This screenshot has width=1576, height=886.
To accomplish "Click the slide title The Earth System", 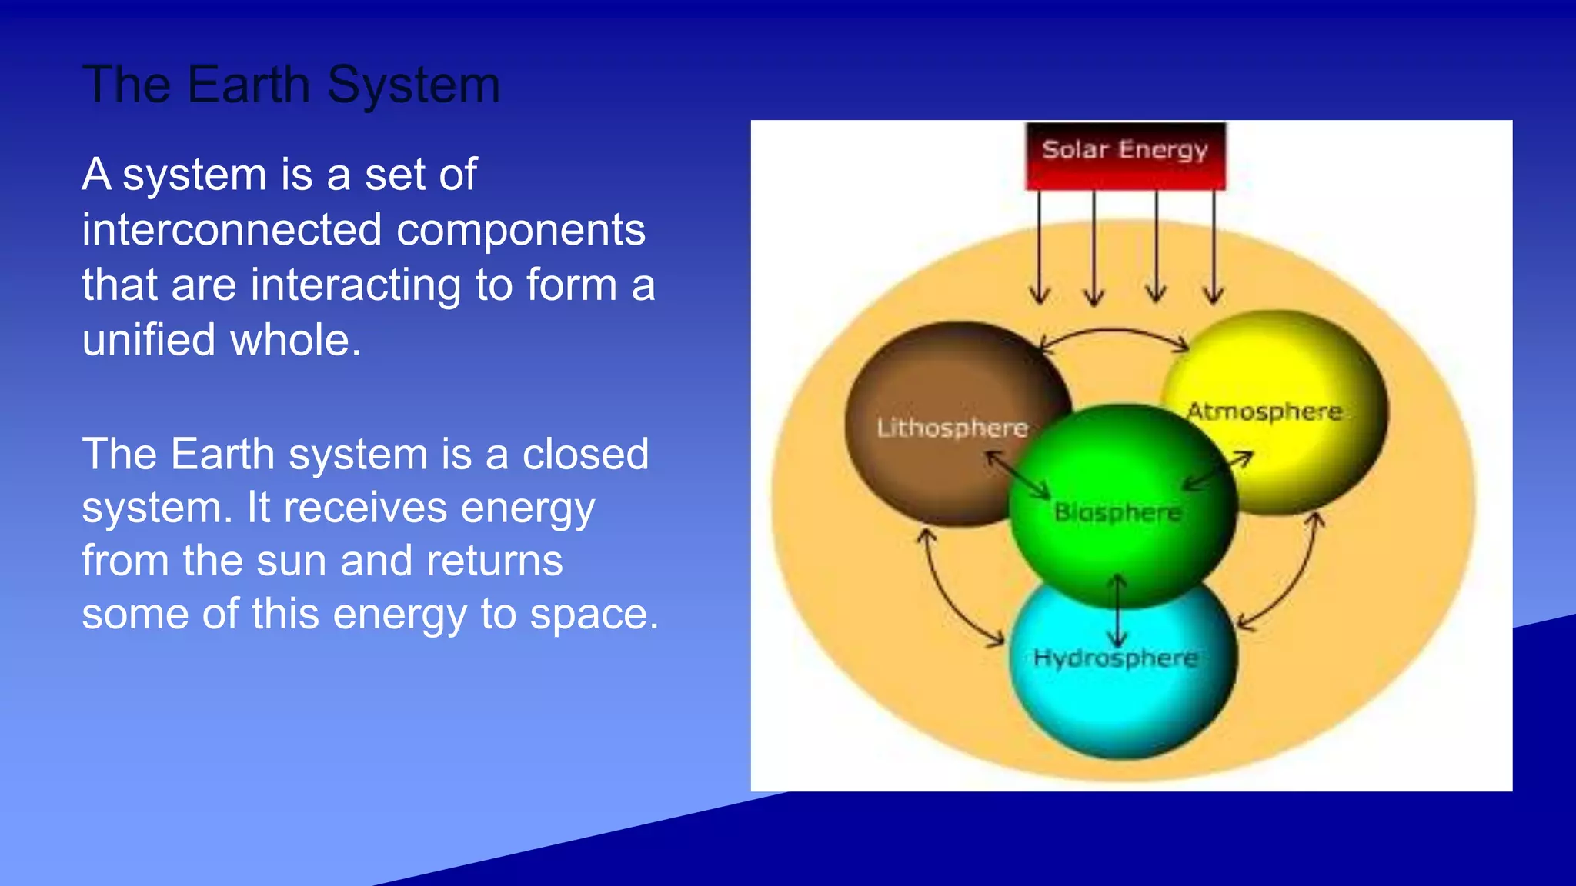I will click(291, 85).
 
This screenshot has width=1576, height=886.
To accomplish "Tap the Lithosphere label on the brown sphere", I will click(952, 428).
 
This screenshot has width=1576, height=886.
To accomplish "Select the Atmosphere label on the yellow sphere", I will click(1264, 411).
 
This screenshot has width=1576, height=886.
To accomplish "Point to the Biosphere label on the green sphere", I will click(1117, 512).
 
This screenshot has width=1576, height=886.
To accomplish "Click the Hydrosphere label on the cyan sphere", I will click(1115, 658).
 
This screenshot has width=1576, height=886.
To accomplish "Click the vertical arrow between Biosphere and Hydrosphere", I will click(1117, 611).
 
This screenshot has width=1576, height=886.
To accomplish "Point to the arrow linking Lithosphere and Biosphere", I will click(1018, 475).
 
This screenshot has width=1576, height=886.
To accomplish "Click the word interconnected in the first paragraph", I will click(232, 230).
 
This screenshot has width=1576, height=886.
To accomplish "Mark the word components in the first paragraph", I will click(521, 230).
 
